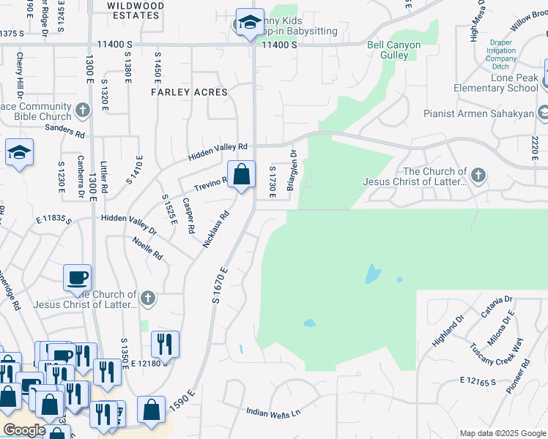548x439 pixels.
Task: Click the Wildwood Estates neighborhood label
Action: [135, 10]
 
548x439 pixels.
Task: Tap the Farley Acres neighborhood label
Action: [189, 92]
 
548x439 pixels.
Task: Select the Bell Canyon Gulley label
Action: [394, 50]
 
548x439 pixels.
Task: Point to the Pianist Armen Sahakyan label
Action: [479, 113]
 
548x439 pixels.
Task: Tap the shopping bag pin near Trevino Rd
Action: [241, 176]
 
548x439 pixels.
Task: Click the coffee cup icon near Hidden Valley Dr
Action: [78, 278]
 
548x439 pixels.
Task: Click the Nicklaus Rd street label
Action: [217, 228]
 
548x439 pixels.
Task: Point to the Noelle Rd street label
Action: [147, 248]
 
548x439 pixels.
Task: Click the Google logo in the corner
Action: [24, 430]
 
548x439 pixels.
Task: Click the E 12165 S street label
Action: [478, 381]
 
